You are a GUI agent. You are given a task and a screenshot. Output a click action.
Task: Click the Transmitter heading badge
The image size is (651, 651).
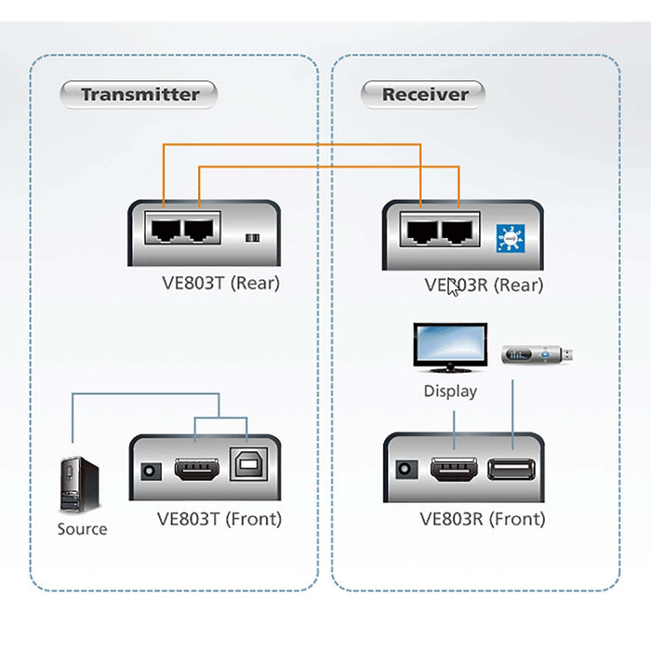(139, 94)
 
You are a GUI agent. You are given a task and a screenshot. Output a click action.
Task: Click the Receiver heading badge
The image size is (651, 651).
(425, 94)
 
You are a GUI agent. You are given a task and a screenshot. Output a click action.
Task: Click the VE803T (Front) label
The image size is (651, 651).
(219, 519)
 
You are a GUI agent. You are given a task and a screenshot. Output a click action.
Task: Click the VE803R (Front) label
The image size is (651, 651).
(483, 519)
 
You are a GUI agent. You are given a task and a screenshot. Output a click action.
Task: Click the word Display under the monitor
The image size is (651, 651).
(450, 392)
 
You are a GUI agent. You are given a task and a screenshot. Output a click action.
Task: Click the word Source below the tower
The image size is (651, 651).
(82, 529)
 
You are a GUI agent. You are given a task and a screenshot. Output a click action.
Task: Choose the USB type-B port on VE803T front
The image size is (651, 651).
(246, 470)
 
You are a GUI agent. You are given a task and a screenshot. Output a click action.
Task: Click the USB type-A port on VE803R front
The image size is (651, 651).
(511, 471)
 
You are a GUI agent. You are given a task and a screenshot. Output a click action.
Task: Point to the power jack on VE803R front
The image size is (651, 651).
(405, 471)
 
